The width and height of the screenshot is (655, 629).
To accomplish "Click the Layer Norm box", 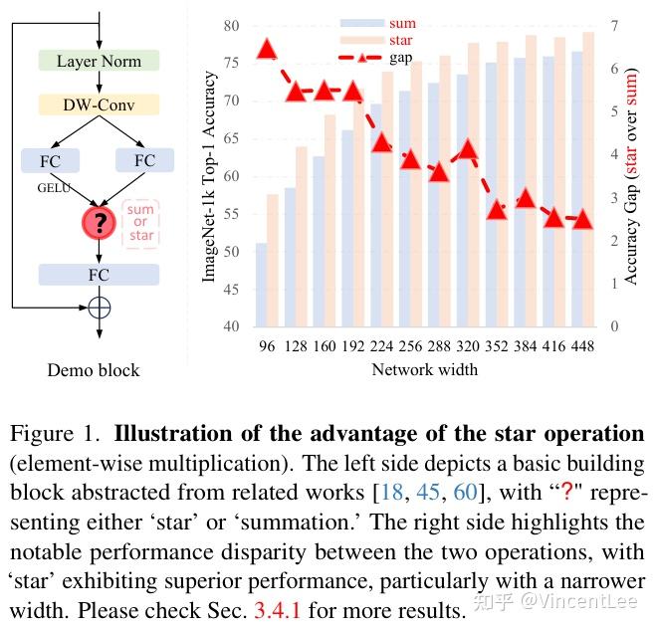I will click(x=99, y=61).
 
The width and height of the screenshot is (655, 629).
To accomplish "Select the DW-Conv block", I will click(x=99, y=105).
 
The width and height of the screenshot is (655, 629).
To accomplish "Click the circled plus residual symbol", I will click(x=99, y=308).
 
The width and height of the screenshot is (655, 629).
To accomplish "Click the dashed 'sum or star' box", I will click(x=141, y=223).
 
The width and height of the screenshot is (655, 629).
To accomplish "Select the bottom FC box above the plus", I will click(x=99, y=274).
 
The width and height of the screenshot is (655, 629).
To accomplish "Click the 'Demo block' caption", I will click(x=94, y=371).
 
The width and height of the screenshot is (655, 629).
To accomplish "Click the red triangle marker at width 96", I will click(x=267, y=49).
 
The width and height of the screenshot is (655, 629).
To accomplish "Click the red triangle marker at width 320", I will click(x=468, y=151).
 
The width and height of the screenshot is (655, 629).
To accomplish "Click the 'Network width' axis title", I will click(x=424, y=370).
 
